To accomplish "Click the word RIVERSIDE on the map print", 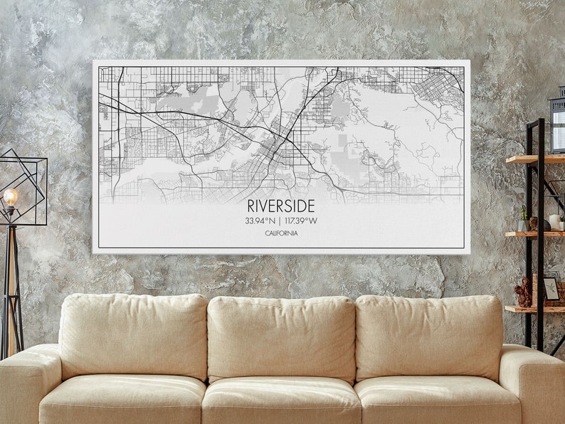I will [x=281, y=206].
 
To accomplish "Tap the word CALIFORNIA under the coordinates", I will [x=281, y=233].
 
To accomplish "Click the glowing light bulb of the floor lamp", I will [x=10, y=196].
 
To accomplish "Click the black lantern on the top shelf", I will [x=557, y=125].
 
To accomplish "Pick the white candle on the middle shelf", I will [x=554, y=222].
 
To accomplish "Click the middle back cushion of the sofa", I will [x=281, y=339].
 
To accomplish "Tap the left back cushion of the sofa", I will [x=133, y=336].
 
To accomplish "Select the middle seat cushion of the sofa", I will [x=281, y=399].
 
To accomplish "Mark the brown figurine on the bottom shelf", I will [x=524, y=292].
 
